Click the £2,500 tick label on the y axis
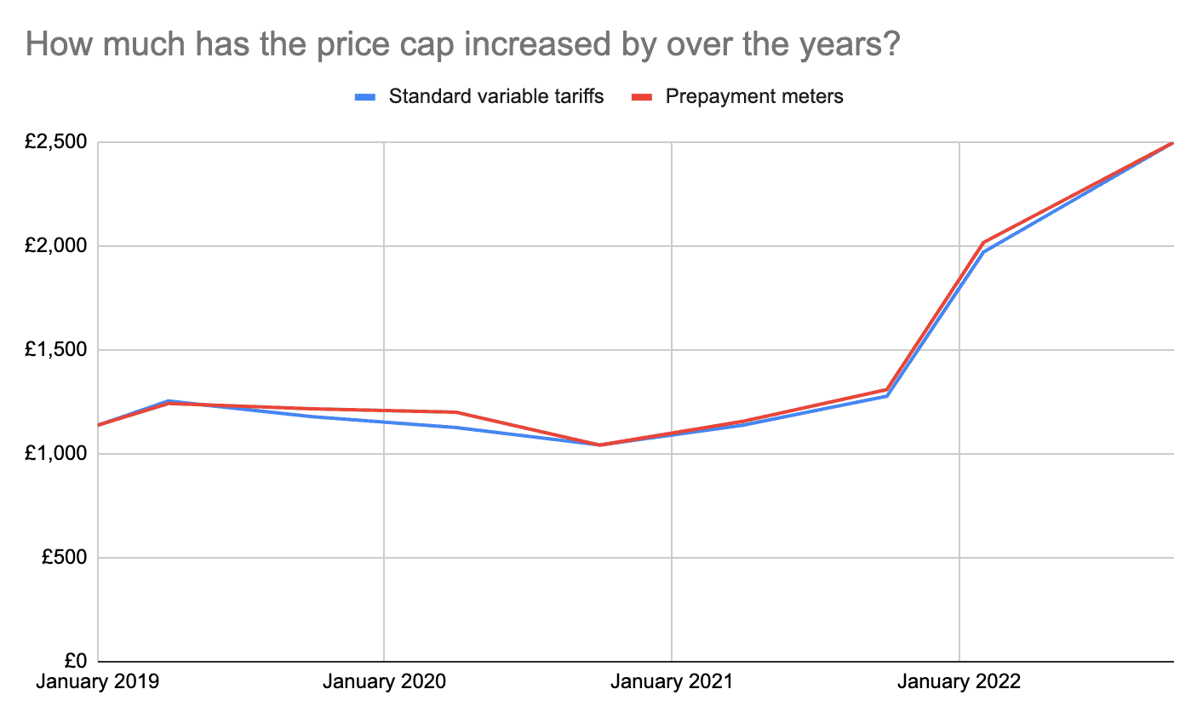[57, 142]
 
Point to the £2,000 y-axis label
[57, 246]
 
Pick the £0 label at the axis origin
[76, 662]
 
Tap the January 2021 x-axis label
[671, 683]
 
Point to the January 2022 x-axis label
[959, 683]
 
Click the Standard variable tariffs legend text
[496, 96]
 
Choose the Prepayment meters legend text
[754, 96]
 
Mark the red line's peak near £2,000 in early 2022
[984, 243]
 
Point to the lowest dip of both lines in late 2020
[600, 445]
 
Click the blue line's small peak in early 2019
[169, 400]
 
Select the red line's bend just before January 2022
[887, 389]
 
